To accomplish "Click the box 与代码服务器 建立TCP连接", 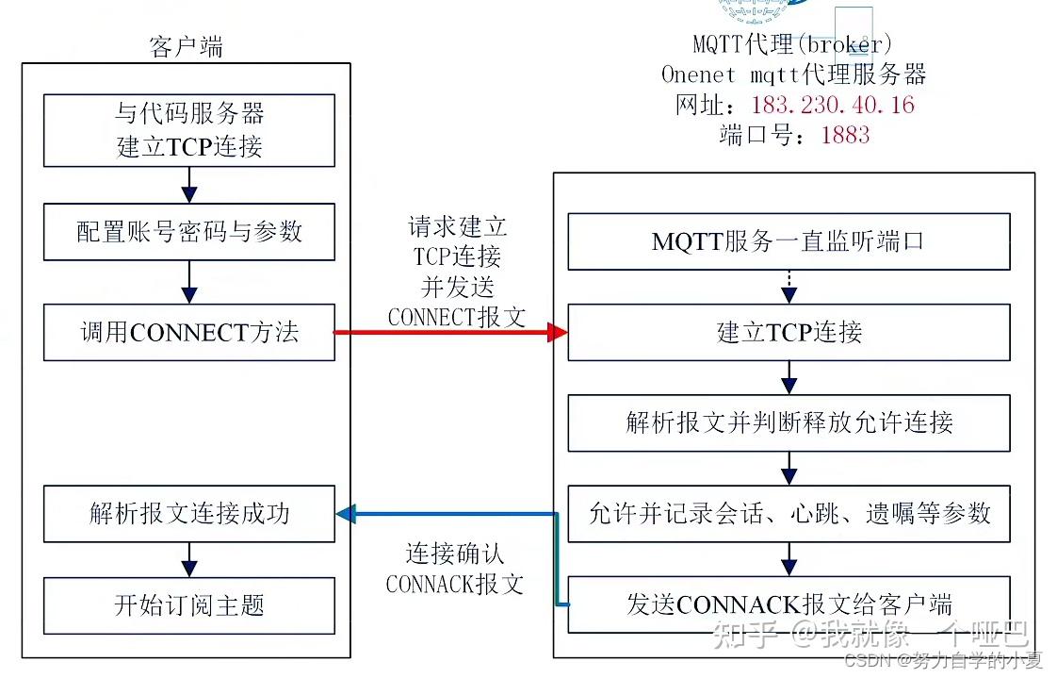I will [x=189, y=131].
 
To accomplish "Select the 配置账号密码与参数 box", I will [x=189, y=232].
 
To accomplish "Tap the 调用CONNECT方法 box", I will [x=189, y=332].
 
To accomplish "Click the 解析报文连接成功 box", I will [x=189, y=514].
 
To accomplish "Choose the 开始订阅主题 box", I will [x=189, y=605].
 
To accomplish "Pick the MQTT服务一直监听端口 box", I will [x=789, y=241].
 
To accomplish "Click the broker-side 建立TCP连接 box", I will [x=789, y=332].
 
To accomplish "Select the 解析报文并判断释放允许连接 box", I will [x=789, y=422].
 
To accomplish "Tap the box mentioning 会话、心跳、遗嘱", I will [x=789, y=514].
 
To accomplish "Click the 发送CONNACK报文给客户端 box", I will [x=789, y=604].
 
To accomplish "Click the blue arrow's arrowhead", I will [x=345, y=514].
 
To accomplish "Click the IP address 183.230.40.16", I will [x=833, y=105].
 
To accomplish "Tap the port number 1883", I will [x=845, y=135].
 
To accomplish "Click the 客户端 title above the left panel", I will [x=187, y=47].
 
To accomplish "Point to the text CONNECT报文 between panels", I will [x=457, y=317].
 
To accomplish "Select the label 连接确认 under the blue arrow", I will [x=455, y=554].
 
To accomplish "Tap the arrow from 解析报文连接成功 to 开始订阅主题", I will [x=189, y=560].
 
